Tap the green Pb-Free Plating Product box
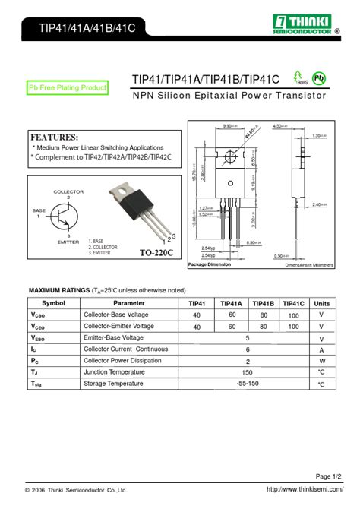click(68, 88)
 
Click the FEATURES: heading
click(54, 137)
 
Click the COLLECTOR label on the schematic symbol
click(68, 192)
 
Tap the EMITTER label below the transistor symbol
click(68, 242)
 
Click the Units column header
click(321, 303)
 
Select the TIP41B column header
click(264, 303)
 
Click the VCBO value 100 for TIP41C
click(293, 315)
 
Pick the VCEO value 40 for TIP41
click(197, 327)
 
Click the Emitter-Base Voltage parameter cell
click(113, 338)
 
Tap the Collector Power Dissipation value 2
click(248, 362)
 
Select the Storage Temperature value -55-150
click(248, 384)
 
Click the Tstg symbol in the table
click(36, 385)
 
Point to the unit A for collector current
click(321, 350)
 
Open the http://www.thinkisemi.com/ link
click(301, 490)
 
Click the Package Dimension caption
click(209, 264)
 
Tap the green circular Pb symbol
click(320, 78)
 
